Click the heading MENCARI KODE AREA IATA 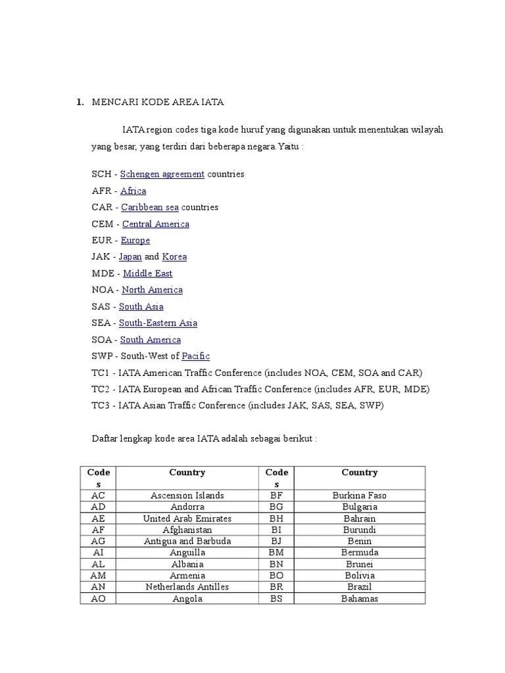158,102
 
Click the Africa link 133,191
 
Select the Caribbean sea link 150,207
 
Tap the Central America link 156,224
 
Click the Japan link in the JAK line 130,257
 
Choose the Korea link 174,257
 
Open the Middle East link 148,273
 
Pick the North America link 153,290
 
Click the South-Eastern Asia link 158,323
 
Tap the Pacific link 195,356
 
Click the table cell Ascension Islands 187,496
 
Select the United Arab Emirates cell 187,519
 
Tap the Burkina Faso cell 360,496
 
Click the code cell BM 276,553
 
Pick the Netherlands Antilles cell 187,587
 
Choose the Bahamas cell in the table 360,599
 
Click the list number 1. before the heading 80,102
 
